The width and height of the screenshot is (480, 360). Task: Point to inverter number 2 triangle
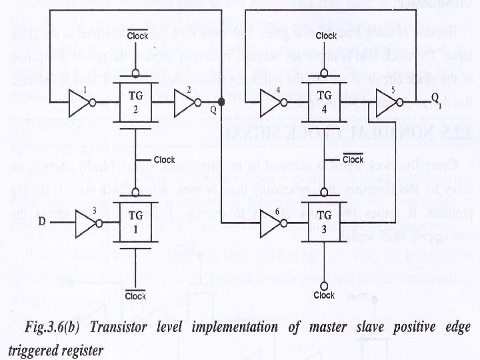(185, 103)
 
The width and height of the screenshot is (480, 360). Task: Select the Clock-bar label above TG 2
(137, 35)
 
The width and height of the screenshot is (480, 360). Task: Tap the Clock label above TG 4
(326, 35)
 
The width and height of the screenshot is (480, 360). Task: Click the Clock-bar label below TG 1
(136, 295)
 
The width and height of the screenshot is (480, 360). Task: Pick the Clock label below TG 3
(325, 295)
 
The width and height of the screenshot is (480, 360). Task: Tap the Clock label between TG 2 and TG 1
(164, 160)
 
